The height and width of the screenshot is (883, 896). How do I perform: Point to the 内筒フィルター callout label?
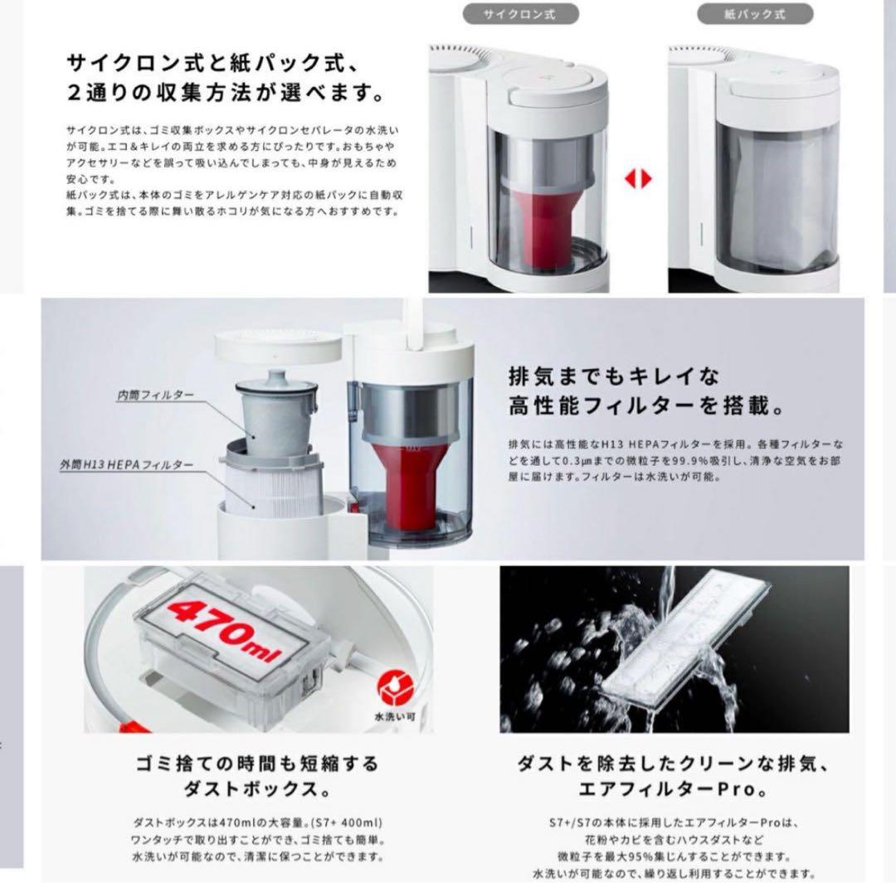click(x=155, y=396)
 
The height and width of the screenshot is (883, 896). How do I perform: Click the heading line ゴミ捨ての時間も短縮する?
click(x=257, y=763)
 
